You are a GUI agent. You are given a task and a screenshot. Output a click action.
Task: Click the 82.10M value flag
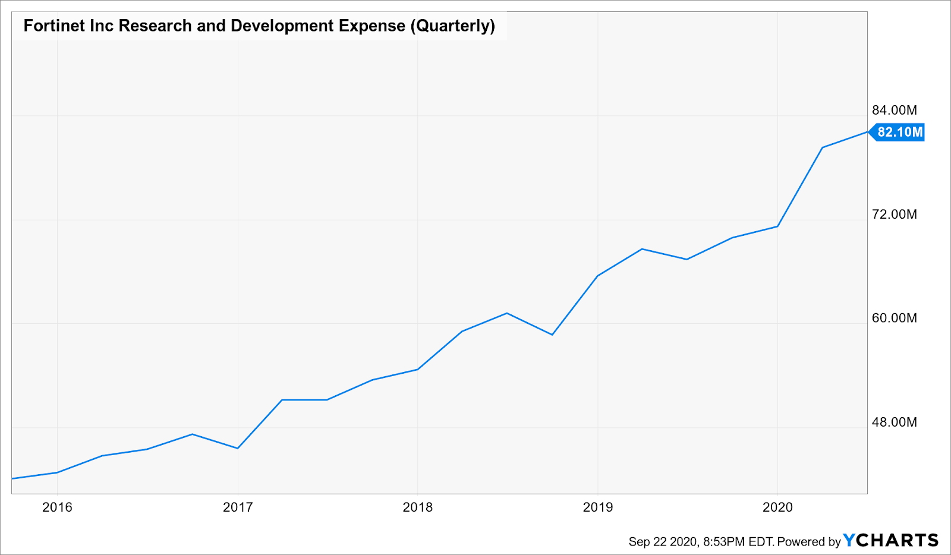coord(899,132)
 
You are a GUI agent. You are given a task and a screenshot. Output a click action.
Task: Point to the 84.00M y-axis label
coord(894,110)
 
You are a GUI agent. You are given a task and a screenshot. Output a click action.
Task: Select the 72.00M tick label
coord(894,214)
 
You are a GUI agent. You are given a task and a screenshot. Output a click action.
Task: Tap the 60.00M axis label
coord(894,318)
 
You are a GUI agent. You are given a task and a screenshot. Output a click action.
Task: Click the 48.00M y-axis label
coord(894,422)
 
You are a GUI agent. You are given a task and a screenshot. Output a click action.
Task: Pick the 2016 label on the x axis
coord(57,507)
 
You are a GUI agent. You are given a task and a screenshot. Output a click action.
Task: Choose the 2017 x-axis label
coord(238,507)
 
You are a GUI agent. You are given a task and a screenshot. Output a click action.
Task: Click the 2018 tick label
coord(418,507)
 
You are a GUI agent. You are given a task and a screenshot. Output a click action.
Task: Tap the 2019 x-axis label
coord(598,507)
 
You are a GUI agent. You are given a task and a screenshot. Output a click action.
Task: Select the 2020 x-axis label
coord(777,507)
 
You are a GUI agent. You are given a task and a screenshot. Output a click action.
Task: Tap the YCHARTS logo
coord(890,540)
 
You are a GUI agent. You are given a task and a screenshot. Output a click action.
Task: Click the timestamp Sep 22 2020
coord(663,541)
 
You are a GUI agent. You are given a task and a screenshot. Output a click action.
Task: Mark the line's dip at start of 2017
coord(238,448)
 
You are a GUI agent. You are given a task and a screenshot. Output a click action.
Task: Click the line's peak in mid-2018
coord(506,313)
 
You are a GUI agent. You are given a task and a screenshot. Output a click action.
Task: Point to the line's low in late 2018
coord(552,335)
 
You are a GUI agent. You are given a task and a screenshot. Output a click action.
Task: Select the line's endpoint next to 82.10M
coord(867,132)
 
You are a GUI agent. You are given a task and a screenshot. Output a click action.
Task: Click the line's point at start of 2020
coord(777,226)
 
